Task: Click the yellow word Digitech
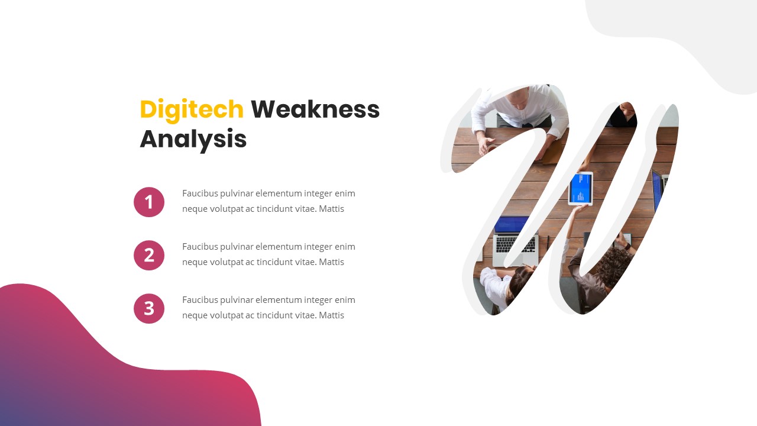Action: (191, 109)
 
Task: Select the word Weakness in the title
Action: (315, 109)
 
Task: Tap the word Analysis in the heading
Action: (193, 139)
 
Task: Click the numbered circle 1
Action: (149, 202)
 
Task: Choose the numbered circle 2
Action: (149, 255)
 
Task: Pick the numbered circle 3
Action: (149, 308)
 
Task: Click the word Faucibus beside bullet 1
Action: (200, 193)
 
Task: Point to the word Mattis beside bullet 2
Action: (331, 262)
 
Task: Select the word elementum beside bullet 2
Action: (278, 247)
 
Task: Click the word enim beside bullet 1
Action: (345, 193)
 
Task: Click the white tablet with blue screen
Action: (580, 188)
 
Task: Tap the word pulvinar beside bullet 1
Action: (238, 193)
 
